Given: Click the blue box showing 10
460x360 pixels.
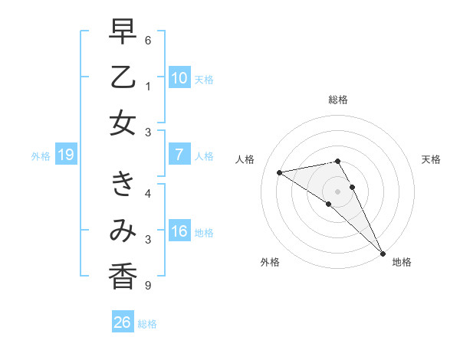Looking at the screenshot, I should [x=179, y=78].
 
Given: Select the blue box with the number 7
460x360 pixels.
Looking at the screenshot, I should [x=179, y=155].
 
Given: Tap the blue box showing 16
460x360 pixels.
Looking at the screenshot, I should [x=179, y=231].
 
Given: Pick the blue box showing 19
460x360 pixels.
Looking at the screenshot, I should [x=65, y=155].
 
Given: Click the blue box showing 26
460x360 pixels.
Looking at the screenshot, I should [x=122, y=323].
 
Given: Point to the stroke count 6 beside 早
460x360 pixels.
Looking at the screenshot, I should [x=148, y=40].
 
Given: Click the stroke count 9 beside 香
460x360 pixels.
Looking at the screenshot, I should [x=148, y=286].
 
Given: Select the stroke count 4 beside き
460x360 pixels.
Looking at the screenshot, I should [x=148, y=193].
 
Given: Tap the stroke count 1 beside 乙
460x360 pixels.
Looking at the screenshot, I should [x=148, y=87].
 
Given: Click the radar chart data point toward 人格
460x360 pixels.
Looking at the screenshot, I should [x=279, y=172].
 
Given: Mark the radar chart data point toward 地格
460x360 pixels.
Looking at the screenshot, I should [x=383, y=253].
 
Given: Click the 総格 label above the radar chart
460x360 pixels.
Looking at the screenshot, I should [x=338, y=100].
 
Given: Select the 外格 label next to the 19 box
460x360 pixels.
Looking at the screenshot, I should [x=41, y=156].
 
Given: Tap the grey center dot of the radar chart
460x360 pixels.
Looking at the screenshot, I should [x=338, y=191].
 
